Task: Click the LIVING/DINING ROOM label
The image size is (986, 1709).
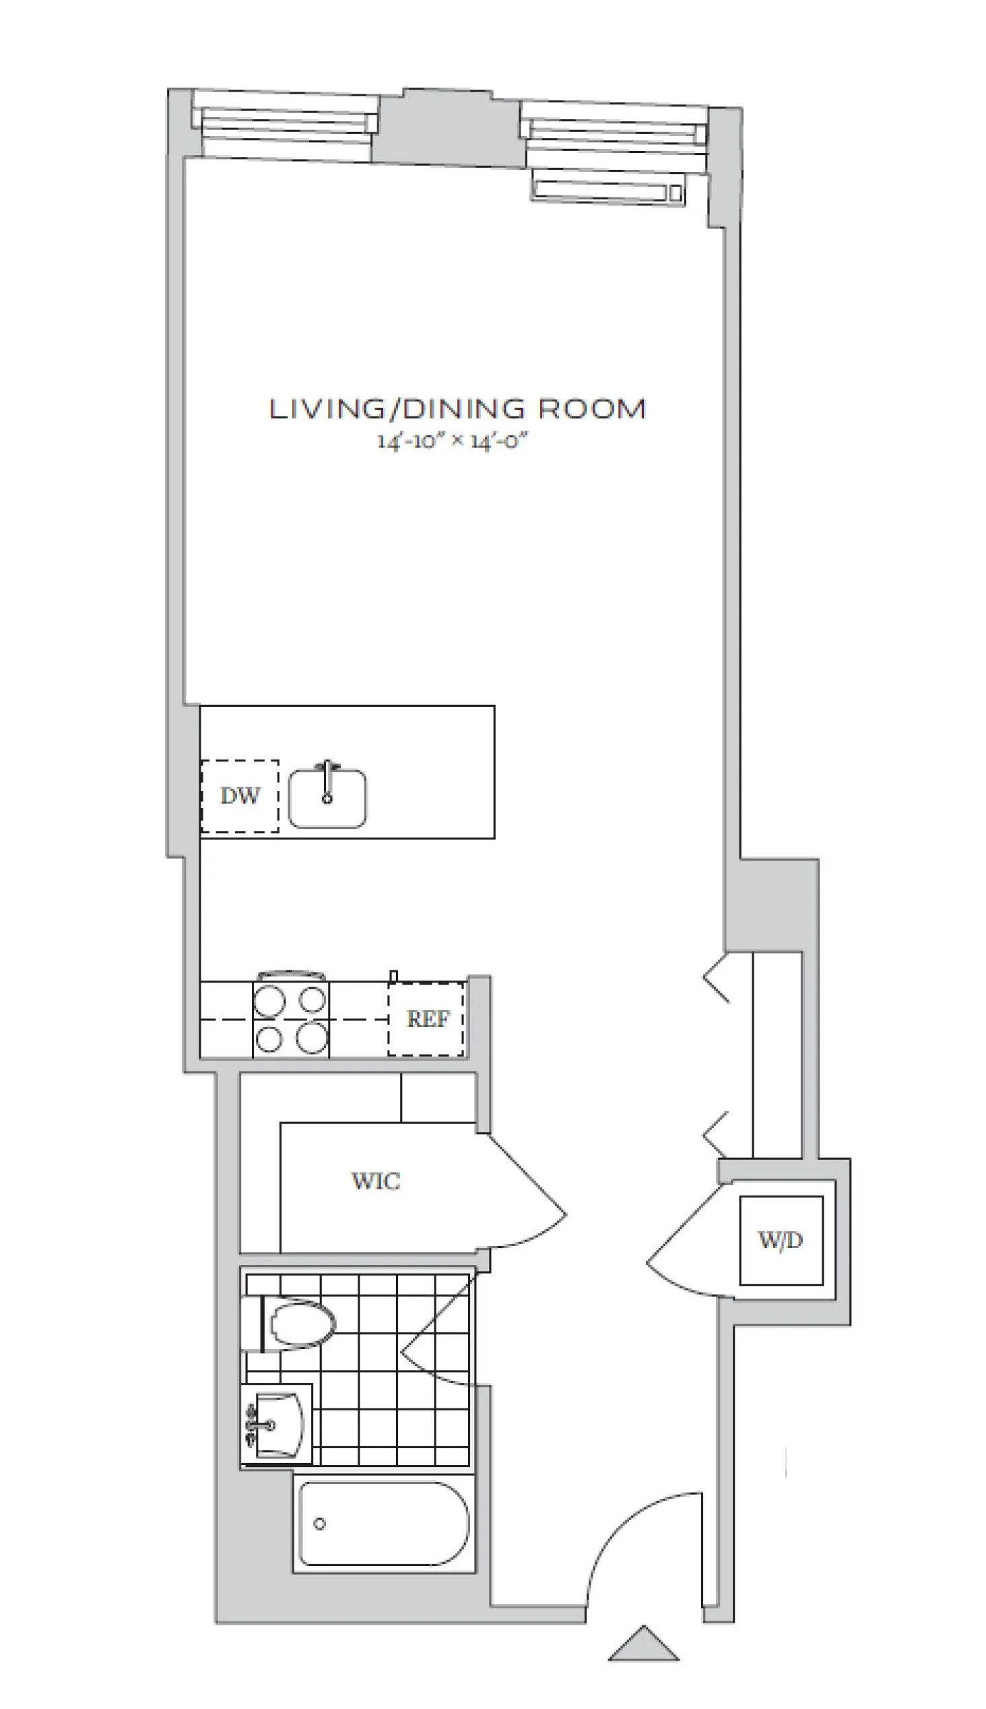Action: [458, 409]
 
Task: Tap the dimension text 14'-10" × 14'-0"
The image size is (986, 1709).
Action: [452, 441]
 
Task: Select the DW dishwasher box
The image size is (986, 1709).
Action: [240, 796]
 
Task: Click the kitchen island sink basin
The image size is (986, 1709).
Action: [328, 799]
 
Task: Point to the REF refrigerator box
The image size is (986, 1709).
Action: [426, 1019]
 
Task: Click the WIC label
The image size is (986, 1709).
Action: [376, 1181]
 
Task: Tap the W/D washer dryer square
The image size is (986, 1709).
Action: [781, 1240]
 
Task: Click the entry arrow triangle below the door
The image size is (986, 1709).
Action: [643, 1645]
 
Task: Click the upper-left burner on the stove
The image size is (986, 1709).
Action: [269, 1001]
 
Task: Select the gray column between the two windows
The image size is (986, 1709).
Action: [449, 129]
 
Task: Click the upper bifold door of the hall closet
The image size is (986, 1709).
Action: [716, 978]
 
